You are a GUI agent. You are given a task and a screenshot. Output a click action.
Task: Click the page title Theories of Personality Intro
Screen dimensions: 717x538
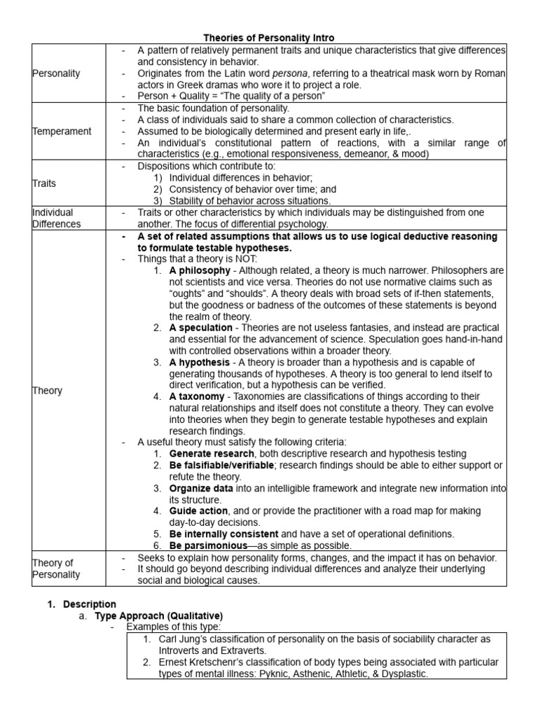point(269,37)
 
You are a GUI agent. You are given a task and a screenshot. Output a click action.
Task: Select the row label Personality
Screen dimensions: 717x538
point(56,73)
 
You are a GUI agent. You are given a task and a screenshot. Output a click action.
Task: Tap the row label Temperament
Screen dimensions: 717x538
point(62,131)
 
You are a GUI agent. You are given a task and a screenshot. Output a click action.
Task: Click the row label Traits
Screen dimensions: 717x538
point(43,183)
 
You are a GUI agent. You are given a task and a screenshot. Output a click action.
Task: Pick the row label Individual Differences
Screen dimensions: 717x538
point(57,218)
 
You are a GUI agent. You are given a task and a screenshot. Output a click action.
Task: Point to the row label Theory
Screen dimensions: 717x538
point(47,390)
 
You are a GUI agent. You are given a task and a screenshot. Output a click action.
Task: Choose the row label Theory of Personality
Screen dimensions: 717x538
point(56,569)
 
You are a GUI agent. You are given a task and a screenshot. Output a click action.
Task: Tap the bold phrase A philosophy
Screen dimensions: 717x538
point(199,270)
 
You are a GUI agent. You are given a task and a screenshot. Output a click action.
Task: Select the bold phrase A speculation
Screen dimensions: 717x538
point(200,328)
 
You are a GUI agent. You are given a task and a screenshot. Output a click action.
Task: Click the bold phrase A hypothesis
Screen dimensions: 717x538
point(199,362)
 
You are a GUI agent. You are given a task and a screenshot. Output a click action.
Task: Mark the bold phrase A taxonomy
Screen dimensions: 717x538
point(197,396)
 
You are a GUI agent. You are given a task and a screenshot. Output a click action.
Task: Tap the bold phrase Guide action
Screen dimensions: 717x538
point(198,511)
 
